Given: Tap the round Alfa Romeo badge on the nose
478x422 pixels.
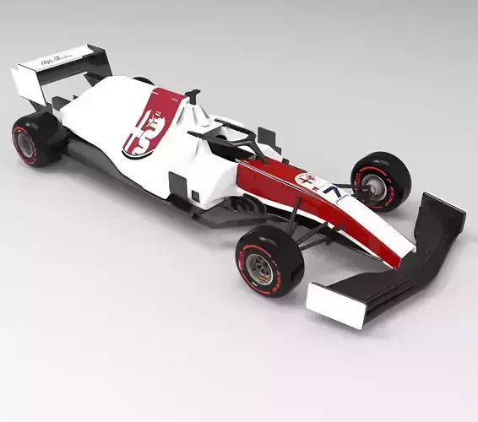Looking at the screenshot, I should pos(305,181).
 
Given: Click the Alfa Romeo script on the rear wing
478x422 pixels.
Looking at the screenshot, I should pos(58,59).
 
